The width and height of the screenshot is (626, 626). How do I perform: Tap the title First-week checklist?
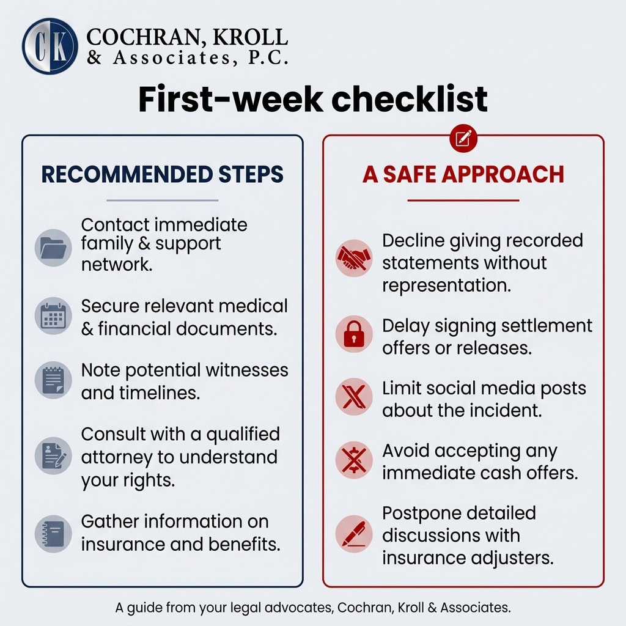click(312, 100)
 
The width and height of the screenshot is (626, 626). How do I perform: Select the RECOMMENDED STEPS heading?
click(163, 174)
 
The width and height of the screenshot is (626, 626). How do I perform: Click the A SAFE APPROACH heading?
click(463, 174)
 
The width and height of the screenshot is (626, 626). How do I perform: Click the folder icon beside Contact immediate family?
click(54, 247)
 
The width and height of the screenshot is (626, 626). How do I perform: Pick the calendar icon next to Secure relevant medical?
click(54, 316)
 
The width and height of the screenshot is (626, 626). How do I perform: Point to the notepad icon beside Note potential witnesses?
click(54, 381)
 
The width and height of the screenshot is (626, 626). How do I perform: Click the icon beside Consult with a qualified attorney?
click(54, 456)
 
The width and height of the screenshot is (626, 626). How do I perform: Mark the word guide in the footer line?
click(142, 608)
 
